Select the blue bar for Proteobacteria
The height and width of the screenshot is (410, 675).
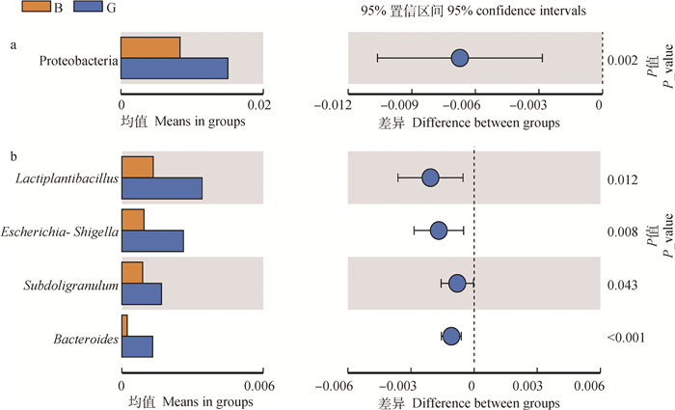coord(174,68)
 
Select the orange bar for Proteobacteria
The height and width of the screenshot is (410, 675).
coord(150,47)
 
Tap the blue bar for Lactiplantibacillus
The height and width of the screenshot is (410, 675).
coord(161,188)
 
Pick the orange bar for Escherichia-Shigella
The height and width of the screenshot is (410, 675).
coord(132,220)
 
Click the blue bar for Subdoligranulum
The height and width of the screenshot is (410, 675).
coord(141,293)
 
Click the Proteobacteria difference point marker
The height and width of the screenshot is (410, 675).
coord(459,58)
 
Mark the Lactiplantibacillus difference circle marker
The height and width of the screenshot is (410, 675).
coord(430,178)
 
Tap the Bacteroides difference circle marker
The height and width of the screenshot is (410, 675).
coord(450,336)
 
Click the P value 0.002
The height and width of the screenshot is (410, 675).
coord(622,61)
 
